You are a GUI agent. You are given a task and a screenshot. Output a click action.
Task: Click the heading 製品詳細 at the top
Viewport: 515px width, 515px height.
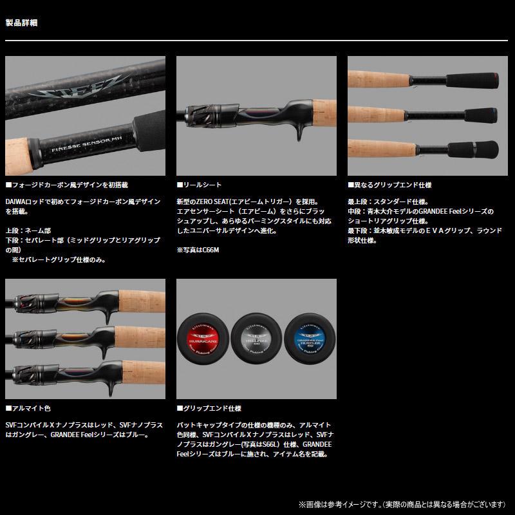tap(21, 23)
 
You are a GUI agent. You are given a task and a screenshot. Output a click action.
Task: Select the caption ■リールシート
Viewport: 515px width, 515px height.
tap(200, 184)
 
